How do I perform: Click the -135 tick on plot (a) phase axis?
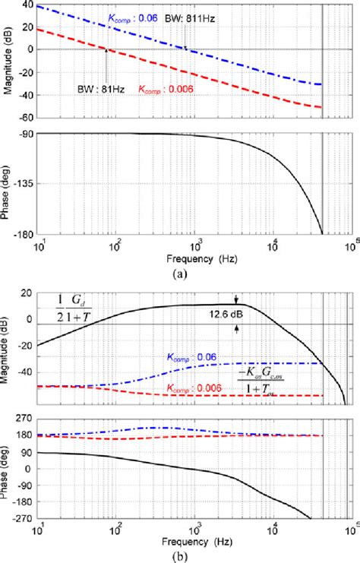coord(24,183)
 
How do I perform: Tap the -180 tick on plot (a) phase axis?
coord(24,233)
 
